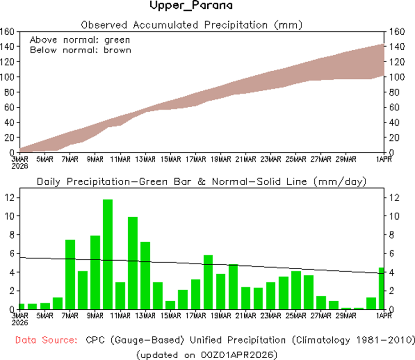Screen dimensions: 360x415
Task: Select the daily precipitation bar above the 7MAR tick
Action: coord(70,274)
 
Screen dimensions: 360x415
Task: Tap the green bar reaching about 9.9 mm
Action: coord(133,263)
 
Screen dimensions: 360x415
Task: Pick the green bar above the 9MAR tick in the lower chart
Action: coord(95,272)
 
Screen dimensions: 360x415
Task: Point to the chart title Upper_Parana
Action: coord(191,6)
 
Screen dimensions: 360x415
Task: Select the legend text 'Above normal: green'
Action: coord(80,40)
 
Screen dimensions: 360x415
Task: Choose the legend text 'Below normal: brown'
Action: coord(80,50)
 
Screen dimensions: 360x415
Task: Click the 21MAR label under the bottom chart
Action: coord(246,316)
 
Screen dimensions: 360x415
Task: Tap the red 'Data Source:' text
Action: coord(45,340)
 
